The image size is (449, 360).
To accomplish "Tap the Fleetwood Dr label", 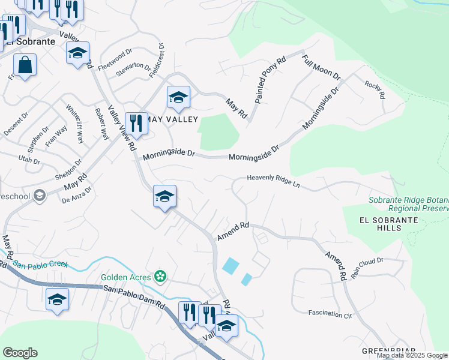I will point(115,60).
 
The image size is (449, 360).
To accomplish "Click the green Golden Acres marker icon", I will point(160,276).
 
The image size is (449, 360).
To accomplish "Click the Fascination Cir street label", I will point(330,313).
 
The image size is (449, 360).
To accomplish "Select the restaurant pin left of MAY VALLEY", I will point(136,124).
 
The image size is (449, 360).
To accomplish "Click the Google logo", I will point(20,353).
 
